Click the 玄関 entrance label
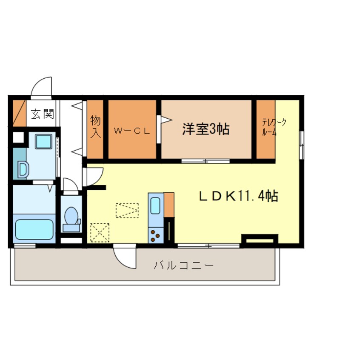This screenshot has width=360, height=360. coord(42,114)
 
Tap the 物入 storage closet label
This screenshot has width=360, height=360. coord(95,127)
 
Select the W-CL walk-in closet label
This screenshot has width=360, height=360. coord(132,131)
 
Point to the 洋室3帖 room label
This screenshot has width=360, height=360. coord(206,129)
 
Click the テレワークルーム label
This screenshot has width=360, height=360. coord(274,127)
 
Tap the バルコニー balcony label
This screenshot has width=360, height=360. coord(183,266)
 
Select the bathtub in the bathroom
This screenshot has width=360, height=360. coord(34,229)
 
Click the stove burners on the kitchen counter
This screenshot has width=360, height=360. coord(155,234)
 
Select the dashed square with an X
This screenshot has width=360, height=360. coord(99,232)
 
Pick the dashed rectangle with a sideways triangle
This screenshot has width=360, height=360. coord(127,210)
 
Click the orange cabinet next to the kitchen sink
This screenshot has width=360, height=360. coord(169,205)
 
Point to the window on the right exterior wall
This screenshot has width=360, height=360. coord(301,145)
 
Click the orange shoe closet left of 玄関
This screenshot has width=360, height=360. coord(19,113)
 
